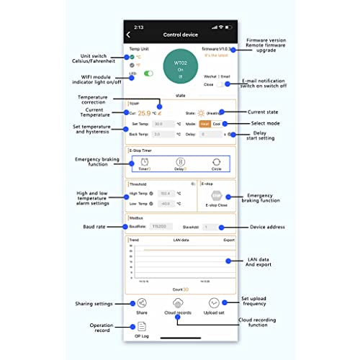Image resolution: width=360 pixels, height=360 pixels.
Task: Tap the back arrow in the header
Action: [x=129, y=34]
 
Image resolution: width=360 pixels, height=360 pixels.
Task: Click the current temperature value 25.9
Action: [x=145, y=113]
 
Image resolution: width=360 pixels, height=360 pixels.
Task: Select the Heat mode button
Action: [x=205, y=123]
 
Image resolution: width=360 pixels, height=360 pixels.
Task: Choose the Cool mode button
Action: [x=217, y=123]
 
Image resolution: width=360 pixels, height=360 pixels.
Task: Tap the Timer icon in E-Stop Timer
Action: [x=144, y=164]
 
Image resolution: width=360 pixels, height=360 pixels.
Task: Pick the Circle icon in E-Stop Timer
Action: [x=215, y=164]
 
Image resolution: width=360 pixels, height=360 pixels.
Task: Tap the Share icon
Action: [x=142, y=304]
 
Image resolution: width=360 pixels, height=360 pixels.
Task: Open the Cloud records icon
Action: [x=179, y=304]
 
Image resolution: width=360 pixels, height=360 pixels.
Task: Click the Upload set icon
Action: [x=215, y=304]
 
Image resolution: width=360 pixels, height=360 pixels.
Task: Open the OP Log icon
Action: [x=142, y=328]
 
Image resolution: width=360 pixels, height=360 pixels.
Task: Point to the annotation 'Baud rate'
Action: [x=92, y=227]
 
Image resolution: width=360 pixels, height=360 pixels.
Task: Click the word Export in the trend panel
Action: [x=229, y=239]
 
